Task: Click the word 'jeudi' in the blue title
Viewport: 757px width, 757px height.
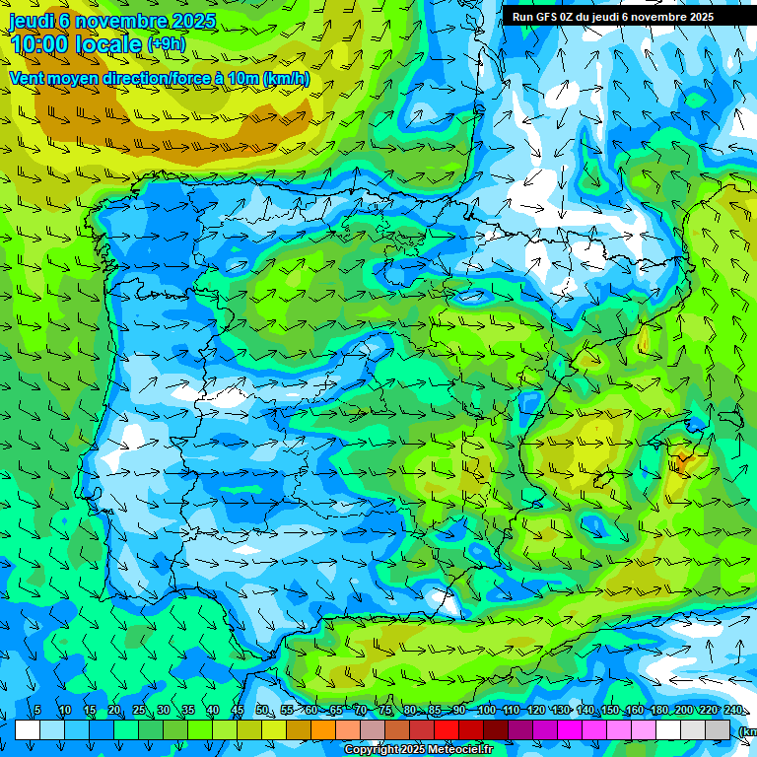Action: click(x=32, y=21)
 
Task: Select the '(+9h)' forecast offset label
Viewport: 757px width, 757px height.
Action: click(x=166, y=44)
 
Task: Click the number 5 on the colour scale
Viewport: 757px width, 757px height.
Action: click(x=37, y=711)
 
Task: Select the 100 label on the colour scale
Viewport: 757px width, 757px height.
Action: click(x=486, y=711)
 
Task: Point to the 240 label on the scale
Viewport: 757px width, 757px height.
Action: click(x=733, y=711)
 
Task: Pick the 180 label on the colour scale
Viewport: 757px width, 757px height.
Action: click(x=658, y=711)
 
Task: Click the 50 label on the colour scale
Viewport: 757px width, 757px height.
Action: click(x=261, y=711)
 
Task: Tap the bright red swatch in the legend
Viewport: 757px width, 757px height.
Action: click(x=447, y=730)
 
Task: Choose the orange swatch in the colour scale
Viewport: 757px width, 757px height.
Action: click(x=323, y=730)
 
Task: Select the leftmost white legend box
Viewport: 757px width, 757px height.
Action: click(x=28, y=730)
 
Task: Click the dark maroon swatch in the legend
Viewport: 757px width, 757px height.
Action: click(x=496, y=730)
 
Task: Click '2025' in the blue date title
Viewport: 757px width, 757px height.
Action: click(x=193, y=21)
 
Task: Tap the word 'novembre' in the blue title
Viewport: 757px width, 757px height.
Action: click(x=120, y=21)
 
